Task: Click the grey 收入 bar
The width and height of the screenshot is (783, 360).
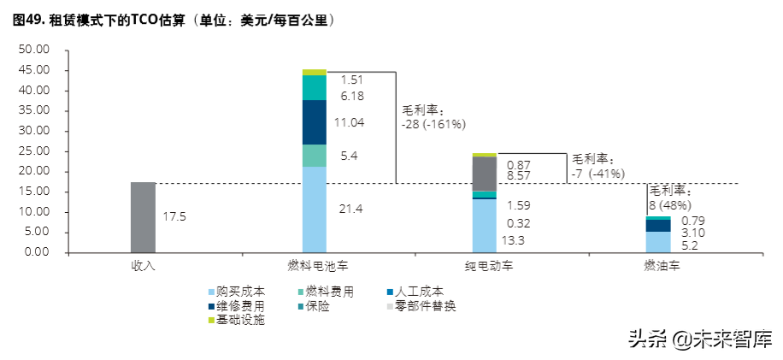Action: click(x=143, y=217)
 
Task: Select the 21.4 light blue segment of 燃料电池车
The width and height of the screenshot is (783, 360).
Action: click(x=315, y=210)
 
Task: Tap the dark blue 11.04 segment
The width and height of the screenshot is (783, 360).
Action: click(x=315, y=122)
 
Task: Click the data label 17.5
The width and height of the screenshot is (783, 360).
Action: click(x=174, y=217)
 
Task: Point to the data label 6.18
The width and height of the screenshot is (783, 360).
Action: click(x=352, y=97)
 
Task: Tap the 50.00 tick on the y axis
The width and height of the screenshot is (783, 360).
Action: click(x=35, y=50)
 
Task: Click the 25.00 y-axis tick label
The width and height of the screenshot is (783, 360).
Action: click(x=35, y=151)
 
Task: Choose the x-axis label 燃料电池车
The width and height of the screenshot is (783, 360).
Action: click(x=315, y=266)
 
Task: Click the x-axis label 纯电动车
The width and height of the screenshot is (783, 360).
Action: click(x=485, y=266)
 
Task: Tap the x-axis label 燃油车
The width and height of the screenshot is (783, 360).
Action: click(x=658, y=266)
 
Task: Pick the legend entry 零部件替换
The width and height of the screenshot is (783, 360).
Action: click(x=427, y=305)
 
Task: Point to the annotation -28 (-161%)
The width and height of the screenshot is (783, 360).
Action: click(x=433, y=124)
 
